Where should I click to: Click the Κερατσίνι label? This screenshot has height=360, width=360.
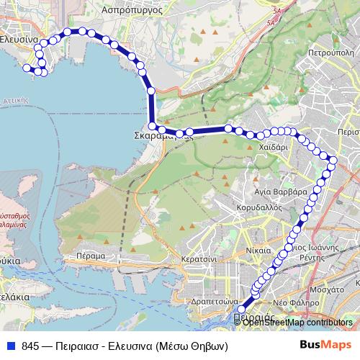pyautogui.click(x=199, y=256)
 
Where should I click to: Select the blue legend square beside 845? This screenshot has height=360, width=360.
pyautogui.click(x=11, y=345)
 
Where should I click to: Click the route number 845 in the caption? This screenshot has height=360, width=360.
pyautogui.click(x=31, y=345)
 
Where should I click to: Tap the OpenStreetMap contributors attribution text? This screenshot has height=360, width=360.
pyautogui.click(x=297, y=323)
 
